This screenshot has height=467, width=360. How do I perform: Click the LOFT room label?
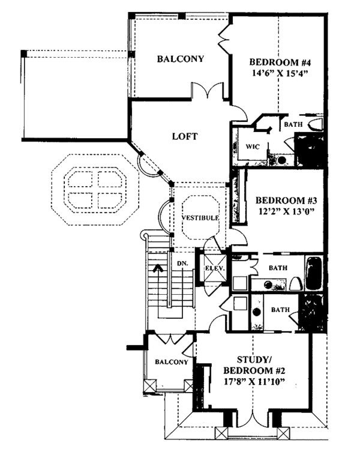185,136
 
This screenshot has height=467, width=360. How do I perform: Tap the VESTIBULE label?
200,218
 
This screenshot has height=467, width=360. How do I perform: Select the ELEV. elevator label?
214,268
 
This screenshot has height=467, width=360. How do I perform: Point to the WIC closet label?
252,146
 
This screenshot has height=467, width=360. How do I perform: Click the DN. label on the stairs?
182,264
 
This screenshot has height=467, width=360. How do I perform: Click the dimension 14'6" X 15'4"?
280,73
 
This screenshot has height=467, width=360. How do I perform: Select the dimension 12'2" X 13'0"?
286,211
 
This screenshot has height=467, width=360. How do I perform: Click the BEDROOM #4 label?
280,62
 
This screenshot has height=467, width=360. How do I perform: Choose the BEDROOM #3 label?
286,200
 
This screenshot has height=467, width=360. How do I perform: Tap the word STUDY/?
254,360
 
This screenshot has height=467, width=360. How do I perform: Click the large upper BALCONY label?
181,59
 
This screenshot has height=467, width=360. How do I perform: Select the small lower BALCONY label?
172,362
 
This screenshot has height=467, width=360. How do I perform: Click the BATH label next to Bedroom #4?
293,124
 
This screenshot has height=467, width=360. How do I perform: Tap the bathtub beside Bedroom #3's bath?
314,273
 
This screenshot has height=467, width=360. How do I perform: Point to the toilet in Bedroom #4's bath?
315,124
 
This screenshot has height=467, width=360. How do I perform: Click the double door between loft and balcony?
208,91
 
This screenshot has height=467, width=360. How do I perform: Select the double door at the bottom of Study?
253,421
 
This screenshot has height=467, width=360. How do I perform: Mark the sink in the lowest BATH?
257,312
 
